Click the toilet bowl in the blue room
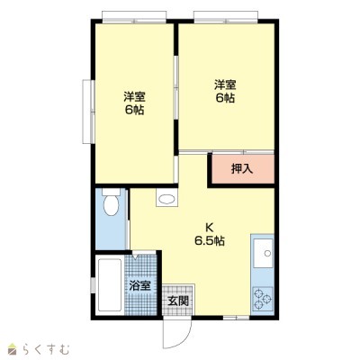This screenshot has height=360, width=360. click(x=111, y=204)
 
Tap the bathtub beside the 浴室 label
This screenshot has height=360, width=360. click(x=110, y=285)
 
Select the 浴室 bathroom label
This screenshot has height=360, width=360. click(x=139, y=285)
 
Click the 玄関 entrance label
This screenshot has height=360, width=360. click(x=178, y=301)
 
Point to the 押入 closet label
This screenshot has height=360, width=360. click(x=242, y=169)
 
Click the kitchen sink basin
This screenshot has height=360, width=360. click(x=264, y=253)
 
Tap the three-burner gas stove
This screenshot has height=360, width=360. click(x=263, y=299)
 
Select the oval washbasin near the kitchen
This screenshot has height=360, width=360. click(x=166, y=199)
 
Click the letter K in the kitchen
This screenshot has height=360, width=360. click(x=209, y=228)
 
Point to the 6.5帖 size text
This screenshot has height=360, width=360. click(x=210, y=241)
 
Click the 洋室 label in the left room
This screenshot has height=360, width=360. click(x=134, y=97)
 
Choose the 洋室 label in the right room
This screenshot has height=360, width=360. click(x=225, y=85)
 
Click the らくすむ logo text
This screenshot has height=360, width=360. click(x=47, y=350)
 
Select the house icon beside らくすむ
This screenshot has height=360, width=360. click(x=13, y=349)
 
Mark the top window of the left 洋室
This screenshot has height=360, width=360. click(x=134, y=17)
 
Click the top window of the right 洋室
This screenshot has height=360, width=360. click(x=226, y=17)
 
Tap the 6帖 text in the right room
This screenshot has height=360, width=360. click(x=225, y=98)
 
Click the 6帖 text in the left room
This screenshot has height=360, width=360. click(x=134, y=110)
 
